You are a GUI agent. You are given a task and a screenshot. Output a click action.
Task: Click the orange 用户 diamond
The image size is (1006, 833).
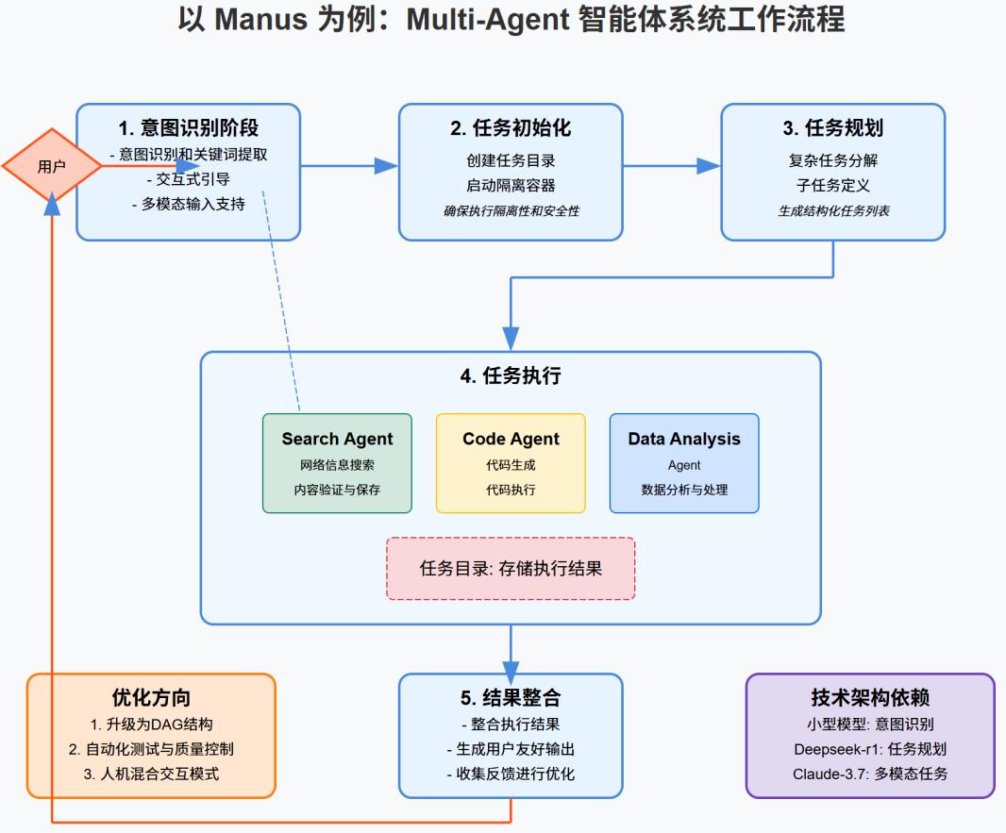51,167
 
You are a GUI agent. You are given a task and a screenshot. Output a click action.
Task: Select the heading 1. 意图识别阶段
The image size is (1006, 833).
189,128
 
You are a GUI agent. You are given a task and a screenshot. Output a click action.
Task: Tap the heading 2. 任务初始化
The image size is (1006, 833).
511,128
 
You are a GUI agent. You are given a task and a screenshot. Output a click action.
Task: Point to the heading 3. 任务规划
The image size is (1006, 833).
833,128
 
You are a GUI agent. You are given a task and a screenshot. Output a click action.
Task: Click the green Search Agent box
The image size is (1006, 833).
337,463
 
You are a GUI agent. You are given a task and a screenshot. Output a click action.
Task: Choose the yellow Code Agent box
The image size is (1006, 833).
511,463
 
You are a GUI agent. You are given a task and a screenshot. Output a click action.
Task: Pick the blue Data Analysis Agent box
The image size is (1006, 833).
684,463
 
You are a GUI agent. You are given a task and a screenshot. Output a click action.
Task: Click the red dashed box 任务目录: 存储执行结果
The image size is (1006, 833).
511,569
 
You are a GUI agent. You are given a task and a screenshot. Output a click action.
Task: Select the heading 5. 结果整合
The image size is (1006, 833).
511,698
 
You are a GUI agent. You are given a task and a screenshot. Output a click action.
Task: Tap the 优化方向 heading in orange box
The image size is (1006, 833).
151,698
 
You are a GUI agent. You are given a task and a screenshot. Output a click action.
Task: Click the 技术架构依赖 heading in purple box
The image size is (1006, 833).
870,698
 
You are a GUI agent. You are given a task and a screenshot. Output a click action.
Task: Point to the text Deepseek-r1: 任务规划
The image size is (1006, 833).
870,749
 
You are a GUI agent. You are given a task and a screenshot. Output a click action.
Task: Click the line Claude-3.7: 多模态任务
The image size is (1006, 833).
870,774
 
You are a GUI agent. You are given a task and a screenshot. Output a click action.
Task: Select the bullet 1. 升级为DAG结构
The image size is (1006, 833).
151,725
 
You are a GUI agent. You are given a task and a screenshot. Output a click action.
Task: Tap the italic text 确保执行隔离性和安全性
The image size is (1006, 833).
511,211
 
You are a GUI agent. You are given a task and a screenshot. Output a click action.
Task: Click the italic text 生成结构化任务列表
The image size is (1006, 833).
833,211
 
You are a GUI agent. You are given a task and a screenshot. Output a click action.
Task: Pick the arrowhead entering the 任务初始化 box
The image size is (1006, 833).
386,166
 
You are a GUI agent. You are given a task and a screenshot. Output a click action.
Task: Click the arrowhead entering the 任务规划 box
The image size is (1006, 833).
709,166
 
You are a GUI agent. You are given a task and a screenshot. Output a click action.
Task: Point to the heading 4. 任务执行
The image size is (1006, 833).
511,376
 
